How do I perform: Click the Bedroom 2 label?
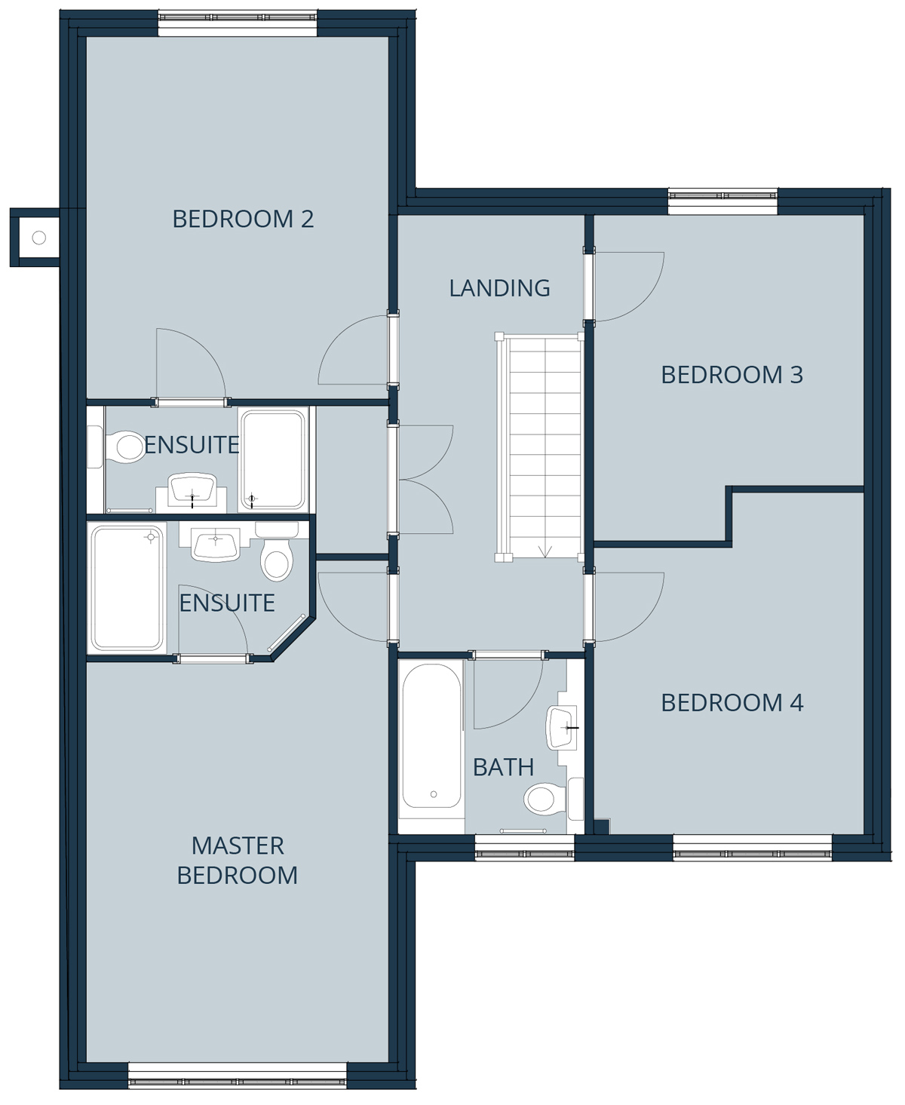tap(243, 219)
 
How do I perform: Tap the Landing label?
tap(500, 288)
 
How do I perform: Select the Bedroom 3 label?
tap(732, 375)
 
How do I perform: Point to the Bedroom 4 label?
tap(732, 703)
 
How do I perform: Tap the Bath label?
tap(503, 768)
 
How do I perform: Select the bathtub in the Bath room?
tap(431, 735)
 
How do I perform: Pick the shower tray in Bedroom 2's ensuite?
tap(272, 459)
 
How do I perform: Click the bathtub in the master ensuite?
tap(127, 588)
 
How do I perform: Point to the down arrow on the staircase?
tap(545, 551)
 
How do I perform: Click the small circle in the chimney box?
tap(38, 238)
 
